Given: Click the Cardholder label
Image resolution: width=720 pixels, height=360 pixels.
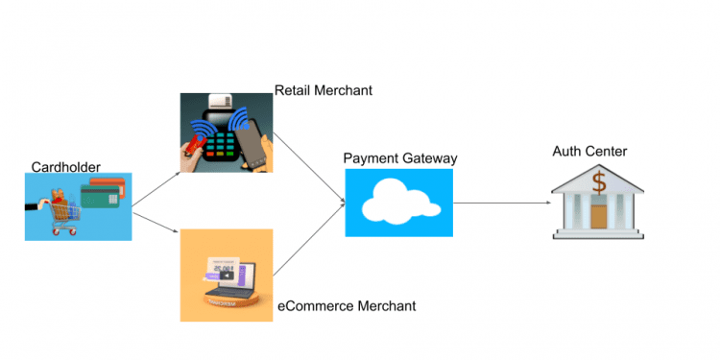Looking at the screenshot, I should pos(65,166).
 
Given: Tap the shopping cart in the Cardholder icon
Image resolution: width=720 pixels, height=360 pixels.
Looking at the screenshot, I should pos(57,213).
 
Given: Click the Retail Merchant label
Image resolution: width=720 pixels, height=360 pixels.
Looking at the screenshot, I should pos(324,90).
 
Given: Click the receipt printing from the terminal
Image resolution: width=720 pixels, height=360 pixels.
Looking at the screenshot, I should pos(223,101).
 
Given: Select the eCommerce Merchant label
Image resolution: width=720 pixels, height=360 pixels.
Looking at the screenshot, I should pos(347,306).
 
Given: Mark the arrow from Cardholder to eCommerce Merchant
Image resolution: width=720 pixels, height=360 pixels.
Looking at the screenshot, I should pos(156,222).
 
